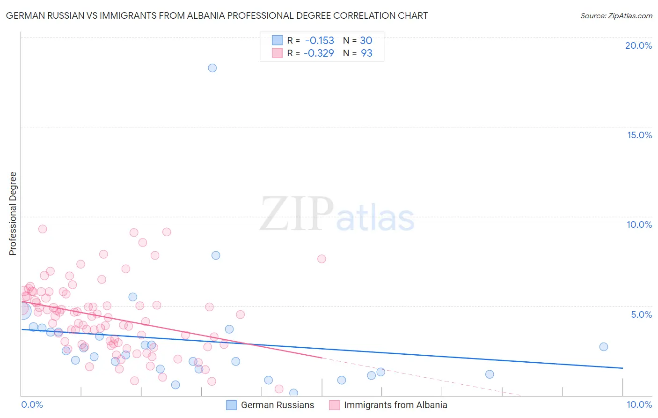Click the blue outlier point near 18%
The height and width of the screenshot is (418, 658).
(212, 68)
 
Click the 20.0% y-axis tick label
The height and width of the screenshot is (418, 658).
(638, 45)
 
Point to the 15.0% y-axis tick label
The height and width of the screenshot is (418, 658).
(639, 135)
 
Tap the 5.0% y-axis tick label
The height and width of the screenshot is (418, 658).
(641, 314)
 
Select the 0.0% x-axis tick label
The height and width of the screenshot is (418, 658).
(32, 404)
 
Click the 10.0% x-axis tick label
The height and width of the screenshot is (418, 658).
(639, 404)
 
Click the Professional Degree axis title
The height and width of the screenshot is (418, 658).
(13, 214)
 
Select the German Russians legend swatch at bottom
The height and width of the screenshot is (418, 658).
(231, 405)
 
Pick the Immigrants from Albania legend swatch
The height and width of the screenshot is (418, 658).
(334, 405)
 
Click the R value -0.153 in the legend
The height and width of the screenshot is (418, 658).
(319, 40)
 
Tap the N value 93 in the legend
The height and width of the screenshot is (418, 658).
(366, 53)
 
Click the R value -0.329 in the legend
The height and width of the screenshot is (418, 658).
(319, 53)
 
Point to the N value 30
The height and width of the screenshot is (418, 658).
(366, 40)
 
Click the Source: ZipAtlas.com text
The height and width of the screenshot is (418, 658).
(616, 15)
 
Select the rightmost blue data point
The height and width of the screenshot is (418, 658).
(604, 347)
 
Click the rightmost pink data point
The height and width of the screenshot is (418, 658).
(322, 259)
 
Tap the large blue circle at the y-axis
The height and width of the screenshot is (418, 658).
(22, 310)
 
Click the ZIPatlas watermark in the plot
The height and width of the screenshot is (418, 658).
(337, 214)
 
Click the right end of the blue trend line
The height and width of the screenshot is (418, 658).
(622, 368)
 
